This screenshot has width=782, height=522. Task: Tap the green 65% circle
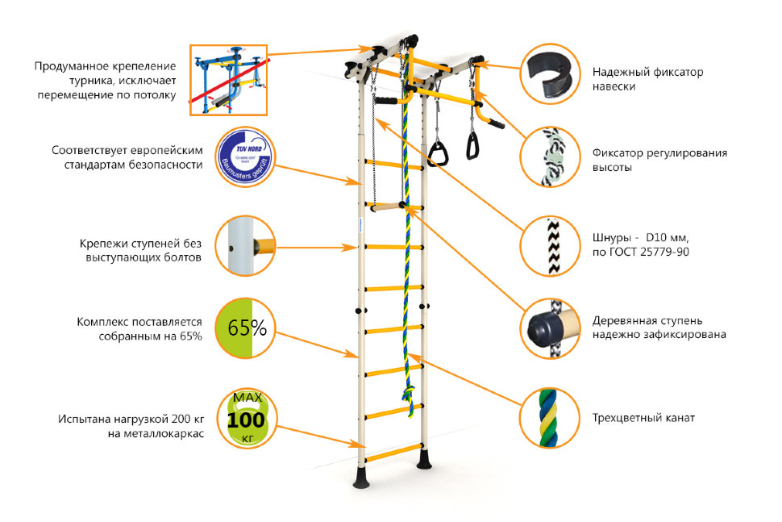[x=245, y=328]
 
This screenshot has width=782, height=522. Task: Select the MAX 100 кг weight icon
[x=245, y=418]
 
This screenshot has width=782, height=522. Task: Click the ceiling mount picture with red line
[x=228, y=80]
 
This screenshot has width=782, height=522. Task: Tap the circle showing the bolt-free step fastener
[x=245, y=244]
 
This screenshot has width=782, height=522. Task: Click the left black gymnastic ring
[x=438, y=152]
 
